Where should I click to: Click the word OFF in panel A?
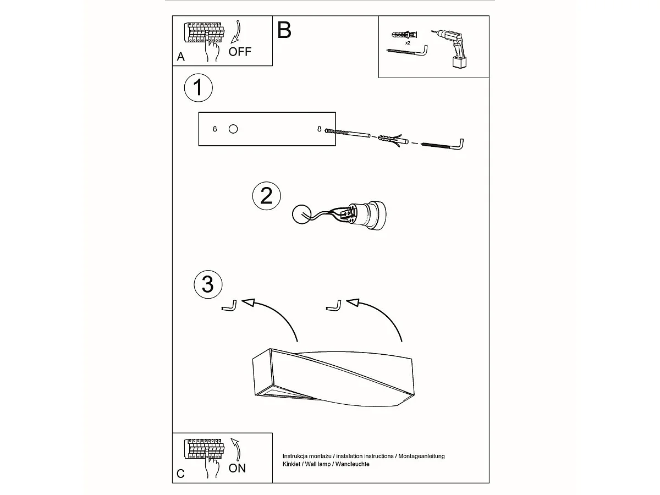(240, 52)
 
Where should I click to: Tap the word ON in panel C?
(237, 468)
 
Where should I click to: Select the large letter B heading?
(284, 30)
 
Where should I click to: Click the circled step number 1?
(198, 87)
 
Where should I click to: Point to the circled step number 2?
(266, 196)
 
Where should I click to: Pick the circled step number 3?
(208, 284)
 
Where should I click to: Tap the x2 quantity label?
(408, 43)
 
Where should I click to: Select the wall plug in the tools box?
(405, 35)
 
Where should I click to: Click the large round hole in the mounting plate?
(233, 129)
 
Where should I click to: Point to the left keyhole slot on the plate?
(215, 129)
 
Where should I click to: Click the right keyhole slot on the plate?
(320, 129)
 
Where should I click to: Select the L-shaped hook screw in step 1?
(442, 145)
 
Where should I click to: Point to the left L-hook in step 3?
(229, 306)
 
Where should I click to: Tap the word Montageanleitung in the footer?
(421, 456)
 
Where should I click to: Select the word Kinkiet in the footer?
(291, 464)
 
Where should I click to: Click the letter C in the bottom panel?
(180, 474)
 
